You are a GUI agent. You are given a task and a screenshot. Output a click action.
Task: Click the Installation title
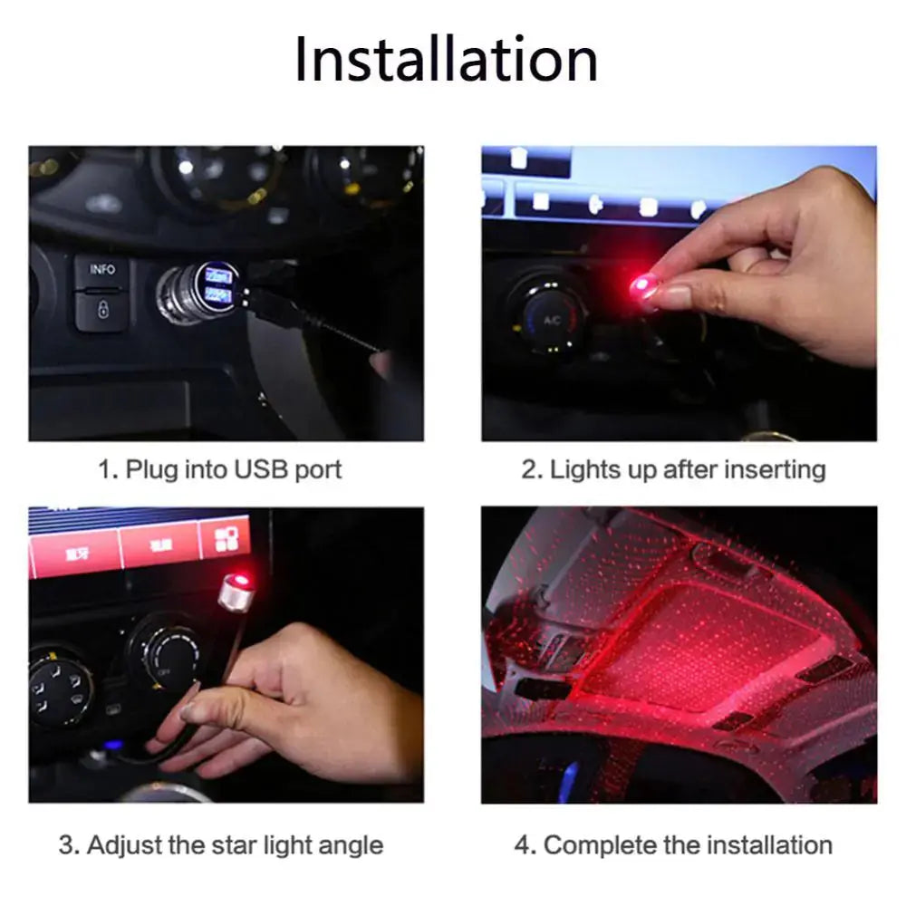[x=446, y=61]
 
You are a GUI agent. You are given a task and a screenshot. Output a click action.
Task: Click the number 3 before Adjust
[x=66, y=846]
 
